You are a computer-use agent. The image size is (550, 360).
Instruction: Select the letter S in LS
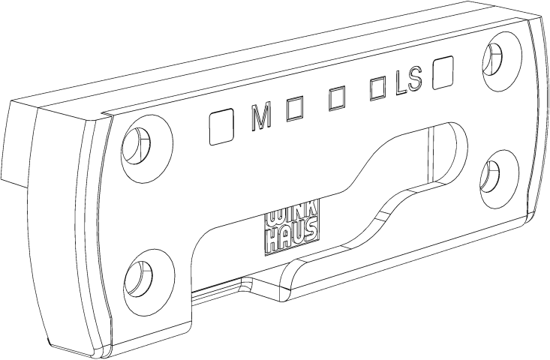click(414, 80)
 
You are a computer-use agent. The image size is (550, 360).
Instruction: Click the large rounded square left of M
click(221, 126)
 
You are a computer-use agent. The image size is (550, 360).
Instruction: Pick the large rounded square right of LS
click(443, 73)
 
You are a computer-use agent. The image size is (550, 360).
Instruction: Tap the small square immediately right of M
click(295, 109)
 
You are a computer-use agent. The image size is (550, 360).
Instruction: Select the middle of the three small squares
click(337, 99)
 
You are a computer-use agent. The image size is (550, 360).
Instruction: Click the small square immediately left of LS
click(377, 89)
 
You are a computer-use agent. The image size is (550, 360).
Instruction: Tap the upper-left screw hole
click(136, 145)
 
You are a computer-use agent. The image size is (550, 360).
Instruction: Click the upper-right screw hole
click(492, 58)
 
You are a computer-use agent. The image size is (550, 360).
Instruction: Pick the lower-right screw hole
click(490, 176)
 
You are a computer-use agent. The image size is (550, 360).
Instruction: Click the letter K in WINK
click(313, 214)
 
